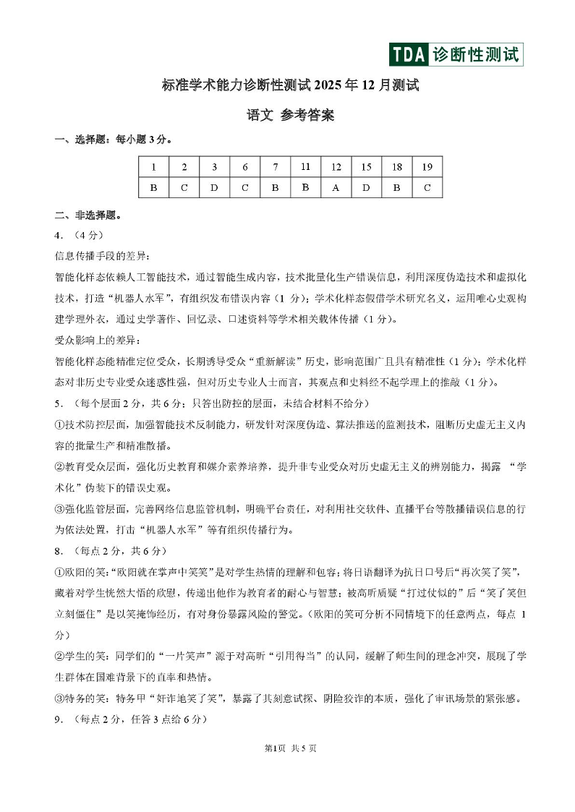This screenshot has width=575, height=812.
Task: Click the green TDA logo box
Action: [409, 54]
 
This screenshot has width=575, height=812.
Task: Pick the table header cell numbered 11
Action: [305, 167]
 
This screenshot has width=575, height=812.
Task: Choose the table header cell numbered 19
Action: [427, 167]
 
